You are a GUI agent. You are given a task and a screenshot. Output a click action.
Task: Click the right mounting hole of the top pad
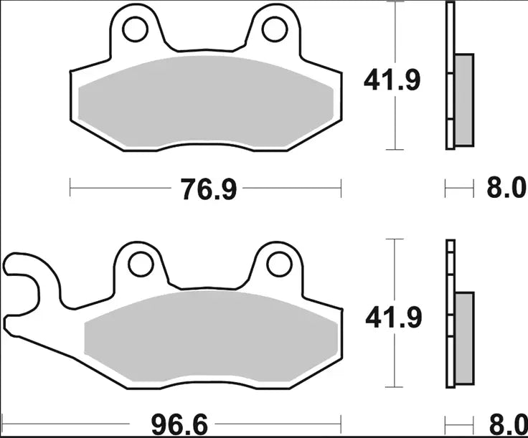[273, 29]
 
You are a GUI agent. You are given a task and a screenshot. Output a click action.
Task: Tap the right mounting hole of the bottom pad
[280, 264]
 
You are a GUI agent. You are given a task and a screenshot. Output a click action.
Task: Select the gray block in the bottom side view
[464, 337]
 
